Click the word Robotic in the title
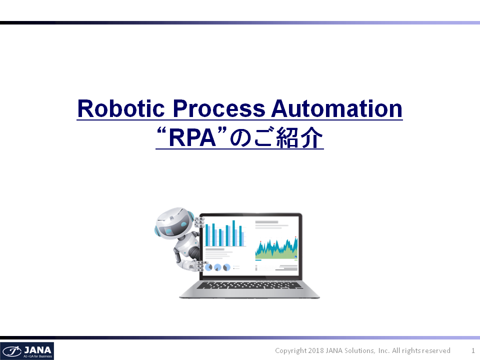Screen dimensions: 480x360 click(121, 108)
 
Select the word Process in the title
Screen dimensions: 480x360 click(219, 108)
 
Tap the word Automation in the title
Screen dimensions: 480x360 click(336, 108)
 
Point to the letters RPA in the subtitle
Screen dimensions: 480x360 click(192, 138)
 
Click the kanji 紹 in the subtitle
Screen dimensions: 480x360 click(287, 138)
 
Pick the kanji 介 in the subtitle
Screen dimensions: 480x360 click(311, 138)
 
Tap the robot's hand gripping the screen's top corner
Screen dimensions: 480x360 click(199, 222)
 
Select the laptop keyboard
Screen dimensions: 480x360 click(249, 285)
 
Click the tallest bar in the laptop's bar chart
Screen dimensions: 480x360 click(234, 233)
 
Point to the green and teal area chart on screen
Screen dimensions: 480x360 click(276, 248)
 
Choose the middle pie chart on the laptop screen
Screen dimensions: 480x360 click(217, 267)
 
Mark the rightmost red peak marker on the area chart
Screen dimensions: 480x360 click(295, 237)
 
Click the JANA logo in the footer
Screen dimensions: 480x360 click(27, 351)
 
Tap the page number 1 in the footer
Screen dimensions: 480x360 click(473, 350)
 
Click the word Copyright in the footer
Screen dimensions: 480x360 click(291, 351)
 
